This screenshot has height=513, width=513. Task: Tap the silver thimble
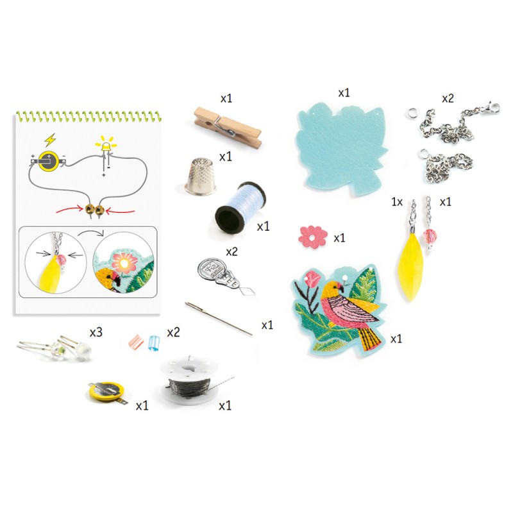(x=200, y=176)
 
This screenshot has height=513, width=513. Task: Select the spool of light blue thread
(x=240, y=207)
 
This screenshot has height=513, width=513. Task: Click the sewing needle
(x=219, y=318)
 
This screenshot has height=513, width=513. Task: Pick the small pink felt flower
(x=313, y=237)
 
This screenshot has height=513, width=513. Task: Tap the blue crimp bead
(x=153, y=343)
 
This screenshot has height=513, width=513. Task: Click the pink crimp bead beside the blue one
(x=136, y=342)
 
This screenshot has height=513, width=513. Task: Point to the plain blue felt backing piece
(x=342, y=149)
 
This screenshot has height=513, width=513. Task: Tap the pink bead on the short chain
(x=430, y=236)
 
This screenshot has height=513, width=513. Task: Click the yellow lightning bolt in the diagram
(x=50, y=140)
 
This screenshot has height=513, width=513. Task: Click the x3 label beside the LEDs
(x=96, y=332)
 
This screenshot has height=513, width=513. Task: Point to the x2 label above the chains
(x=448, y=99)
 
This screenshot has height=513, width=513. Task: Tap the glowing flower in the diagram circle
(x=123, y=262)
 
